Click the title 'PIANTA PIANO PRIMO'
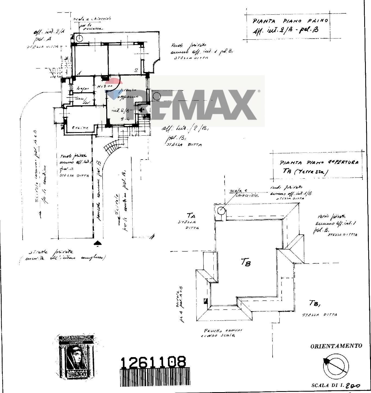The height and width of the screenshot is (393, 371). [x=290, y=21]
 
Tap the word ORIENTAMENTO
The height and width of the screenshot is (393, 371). [x=336, y=346]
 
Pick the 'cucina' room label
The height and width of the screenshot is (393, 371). [x=80, y=127]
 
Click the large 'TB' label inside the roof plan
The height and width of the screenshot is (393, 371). [x=245, y=262]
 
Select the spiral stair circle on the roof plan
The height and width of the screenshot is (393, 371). [x=222, y=210]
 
